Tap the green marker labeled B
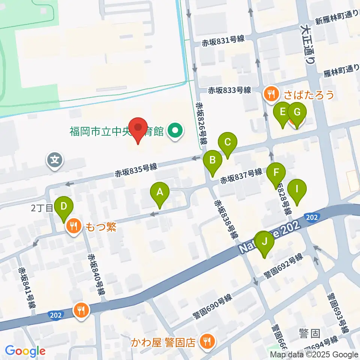213,160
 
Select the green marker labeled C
228,143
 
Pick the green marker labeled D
64,207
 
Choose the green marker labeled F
276,173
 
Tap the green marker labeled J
265,242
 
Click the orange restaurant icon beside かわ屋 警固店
206,341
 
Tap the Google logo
25,351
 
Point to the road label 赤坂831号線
223,39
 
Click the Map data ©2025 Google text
314,354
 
